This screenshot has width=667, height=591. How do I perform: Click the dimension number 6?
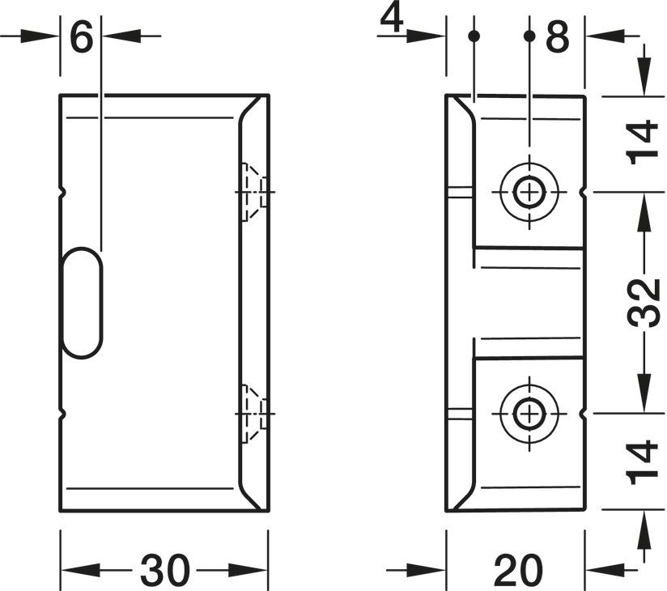coord(82,37)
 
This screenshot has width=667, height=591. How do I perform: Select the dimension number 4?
coord(392,19)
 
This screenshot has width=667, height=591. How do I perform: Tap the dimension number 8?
coord(558,37)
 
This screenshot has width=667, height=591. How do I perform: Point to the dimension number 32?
coord(645,303)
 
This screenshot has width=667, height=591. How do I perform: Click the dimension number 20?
coord(519,570)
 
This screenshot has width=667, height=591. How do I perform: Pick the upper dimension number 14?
coord(645,142)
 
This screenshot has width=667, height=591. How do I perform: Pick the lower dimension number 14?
coord(645,462)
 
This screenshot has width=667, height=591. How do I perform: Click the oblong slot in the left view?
coord(83,301)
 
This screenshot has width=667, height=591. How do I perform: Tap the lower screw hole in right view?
coord(529,413)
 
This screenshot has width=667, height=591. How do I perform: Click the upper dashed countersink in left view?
coord(253,192)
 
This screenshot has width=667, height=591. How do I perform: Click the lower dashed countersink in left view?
coord(253,413)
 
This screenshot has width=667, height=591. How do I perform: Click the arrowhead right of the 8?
coord(600,36)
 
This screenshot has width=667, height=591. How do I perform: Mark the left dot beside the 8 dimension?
coord(474,36)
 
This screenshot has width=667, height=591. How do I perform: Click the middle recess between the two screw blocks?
coord(526,303)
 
